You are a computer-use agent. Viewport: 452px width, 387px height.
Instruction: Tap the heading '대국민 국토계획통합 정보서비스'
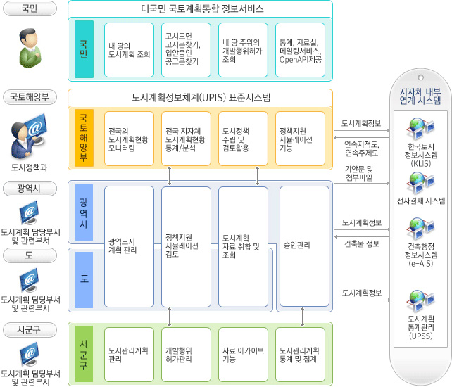201,9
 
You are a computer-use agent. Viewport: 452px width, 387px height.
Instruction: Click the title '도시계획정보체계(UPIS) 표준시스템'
201,97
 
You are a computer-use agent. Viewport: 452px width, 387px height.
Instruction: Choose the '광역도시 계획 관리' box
129,246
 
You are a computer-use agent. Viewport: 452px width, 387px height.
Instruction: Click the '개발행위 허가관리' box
186,354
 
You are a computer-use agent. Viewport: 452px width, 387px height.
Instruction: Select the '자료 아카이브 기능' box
243,354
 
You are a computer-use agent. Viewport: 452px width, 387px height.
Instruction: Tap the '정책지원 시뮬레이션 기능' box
301,139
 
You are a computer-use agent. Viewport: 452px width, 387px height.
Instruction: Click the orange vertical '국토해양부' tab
84,138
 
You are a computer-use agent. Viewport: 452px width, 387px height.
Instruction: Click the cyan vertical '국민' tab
84,49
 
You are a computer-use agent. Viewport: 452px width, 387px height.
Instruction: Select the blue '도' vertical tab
84,280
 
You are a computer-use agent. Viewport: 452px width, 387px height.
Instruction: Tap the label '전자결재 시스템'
421,201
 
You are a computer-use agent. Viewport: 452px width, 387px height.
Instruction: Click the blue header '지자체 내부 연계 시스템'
420,96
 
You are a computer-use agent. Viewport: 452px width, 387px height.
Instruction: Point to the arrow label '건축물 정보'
362,243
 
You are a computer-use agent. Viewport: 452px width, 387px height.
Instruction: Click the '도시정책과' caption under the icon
30,167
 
